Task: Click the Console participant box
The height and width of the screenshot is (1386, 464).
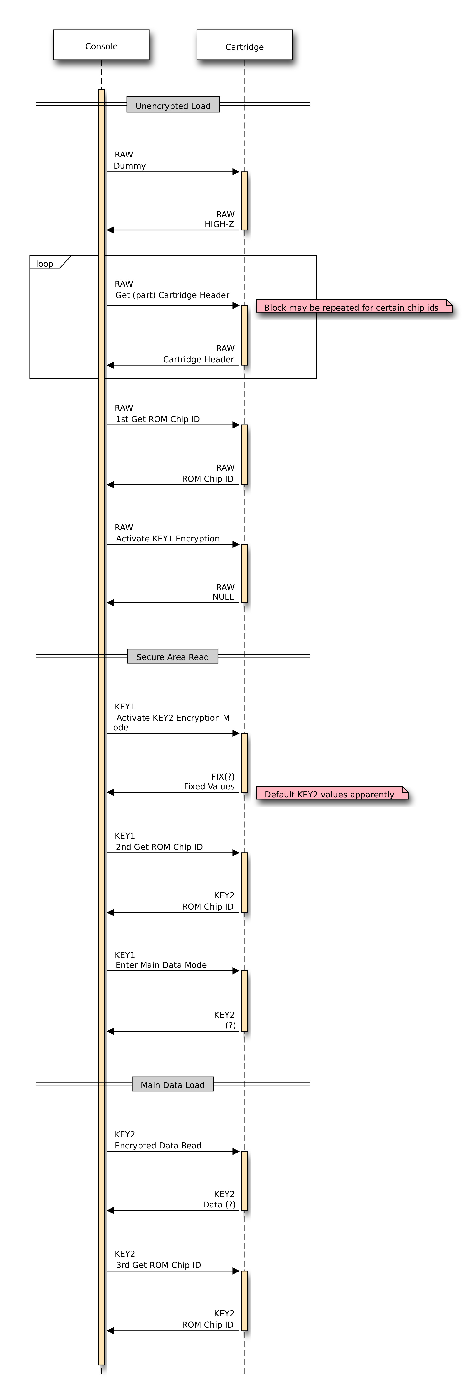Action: (101, 45)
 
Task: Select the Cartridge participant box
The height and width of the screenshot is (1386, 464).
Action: (245, 45)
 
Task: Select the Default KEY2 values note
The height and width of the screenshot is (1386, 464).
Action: (332, 793)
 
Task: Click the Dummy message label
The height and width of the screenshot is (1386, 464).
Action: (130, 166)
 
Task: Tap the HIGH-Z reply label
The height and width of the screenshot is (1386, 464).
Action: (219, 224)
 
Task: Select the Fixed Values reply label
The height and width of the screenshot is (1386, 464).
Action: (209, 786)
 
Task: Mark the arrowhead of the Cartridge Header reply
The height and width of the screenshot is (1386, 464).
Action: (110, 365)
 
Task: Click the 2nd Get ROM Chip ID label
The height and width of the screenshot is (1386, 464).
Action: (159, 846)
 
